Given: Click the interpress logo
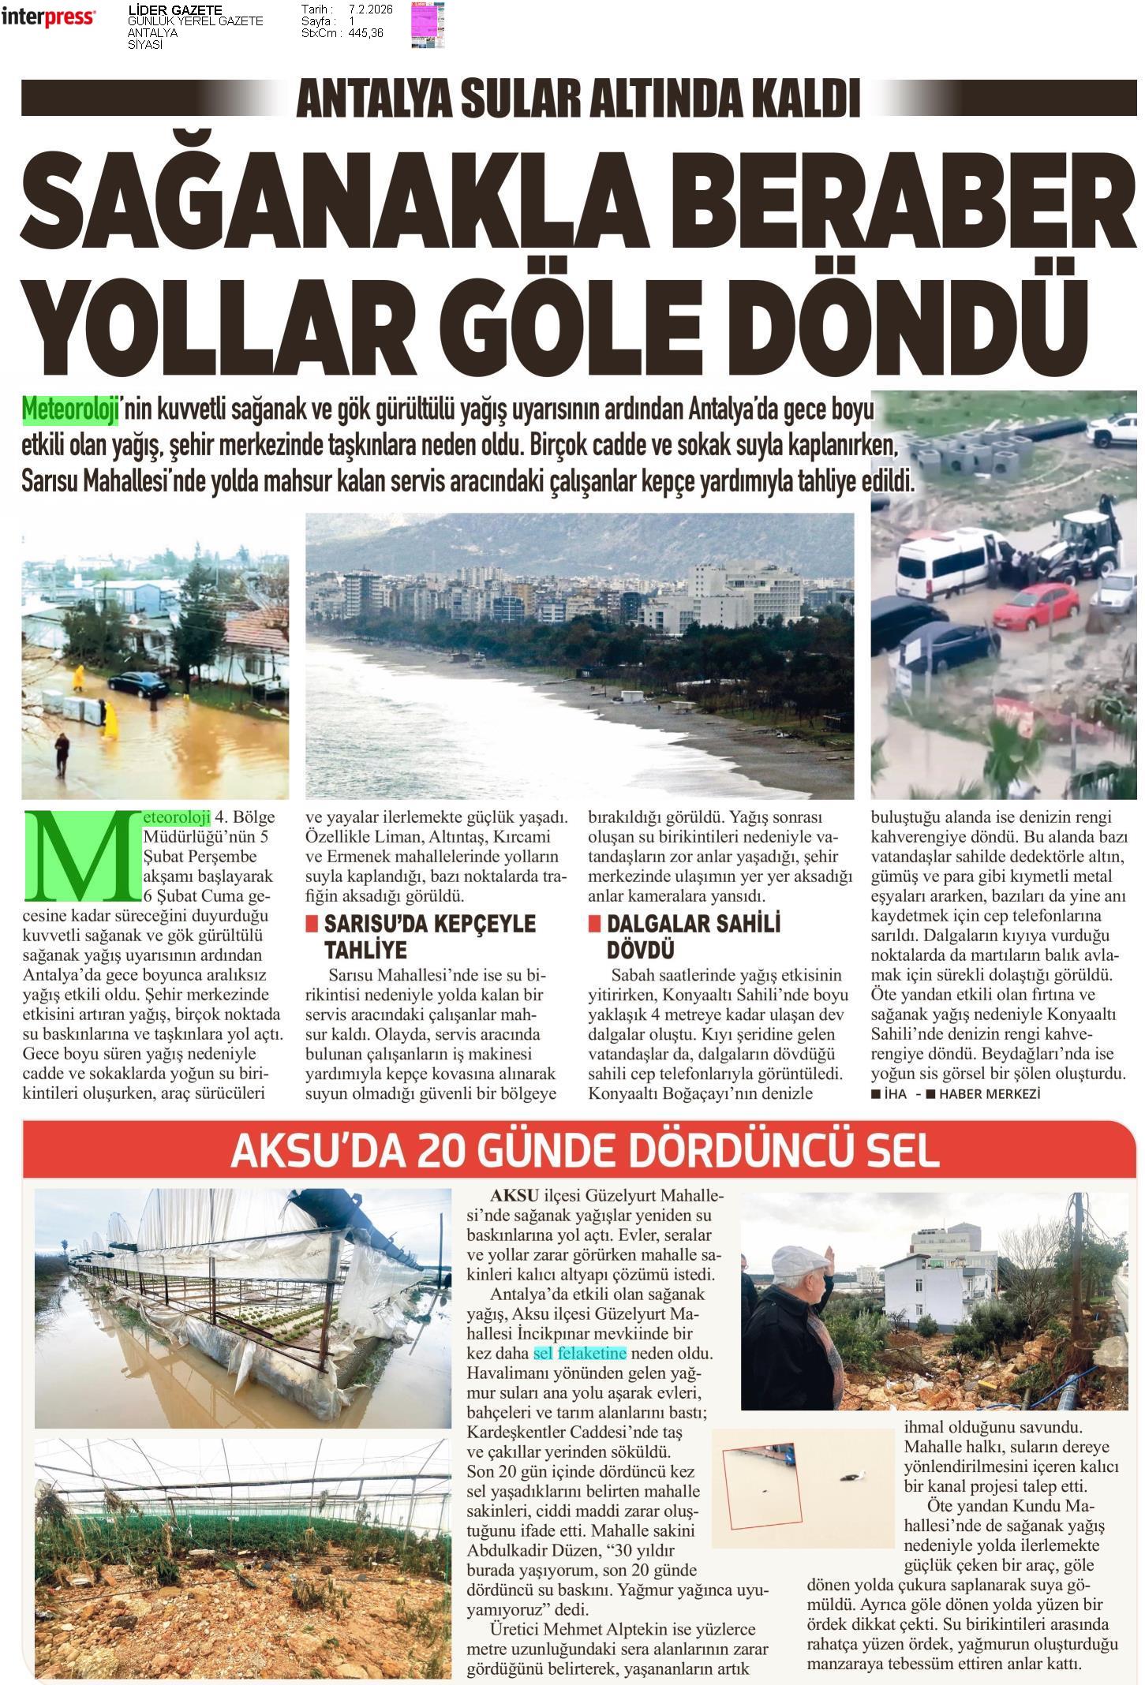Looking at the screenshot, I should point(48,17).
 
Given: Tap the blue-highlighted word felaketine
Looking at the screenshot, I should point(592,1353).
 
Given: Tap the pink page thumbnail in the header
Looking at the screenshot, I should point(427,24).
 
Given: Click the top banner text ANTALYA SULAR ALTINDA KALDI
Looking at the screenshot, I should point(577,98).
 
